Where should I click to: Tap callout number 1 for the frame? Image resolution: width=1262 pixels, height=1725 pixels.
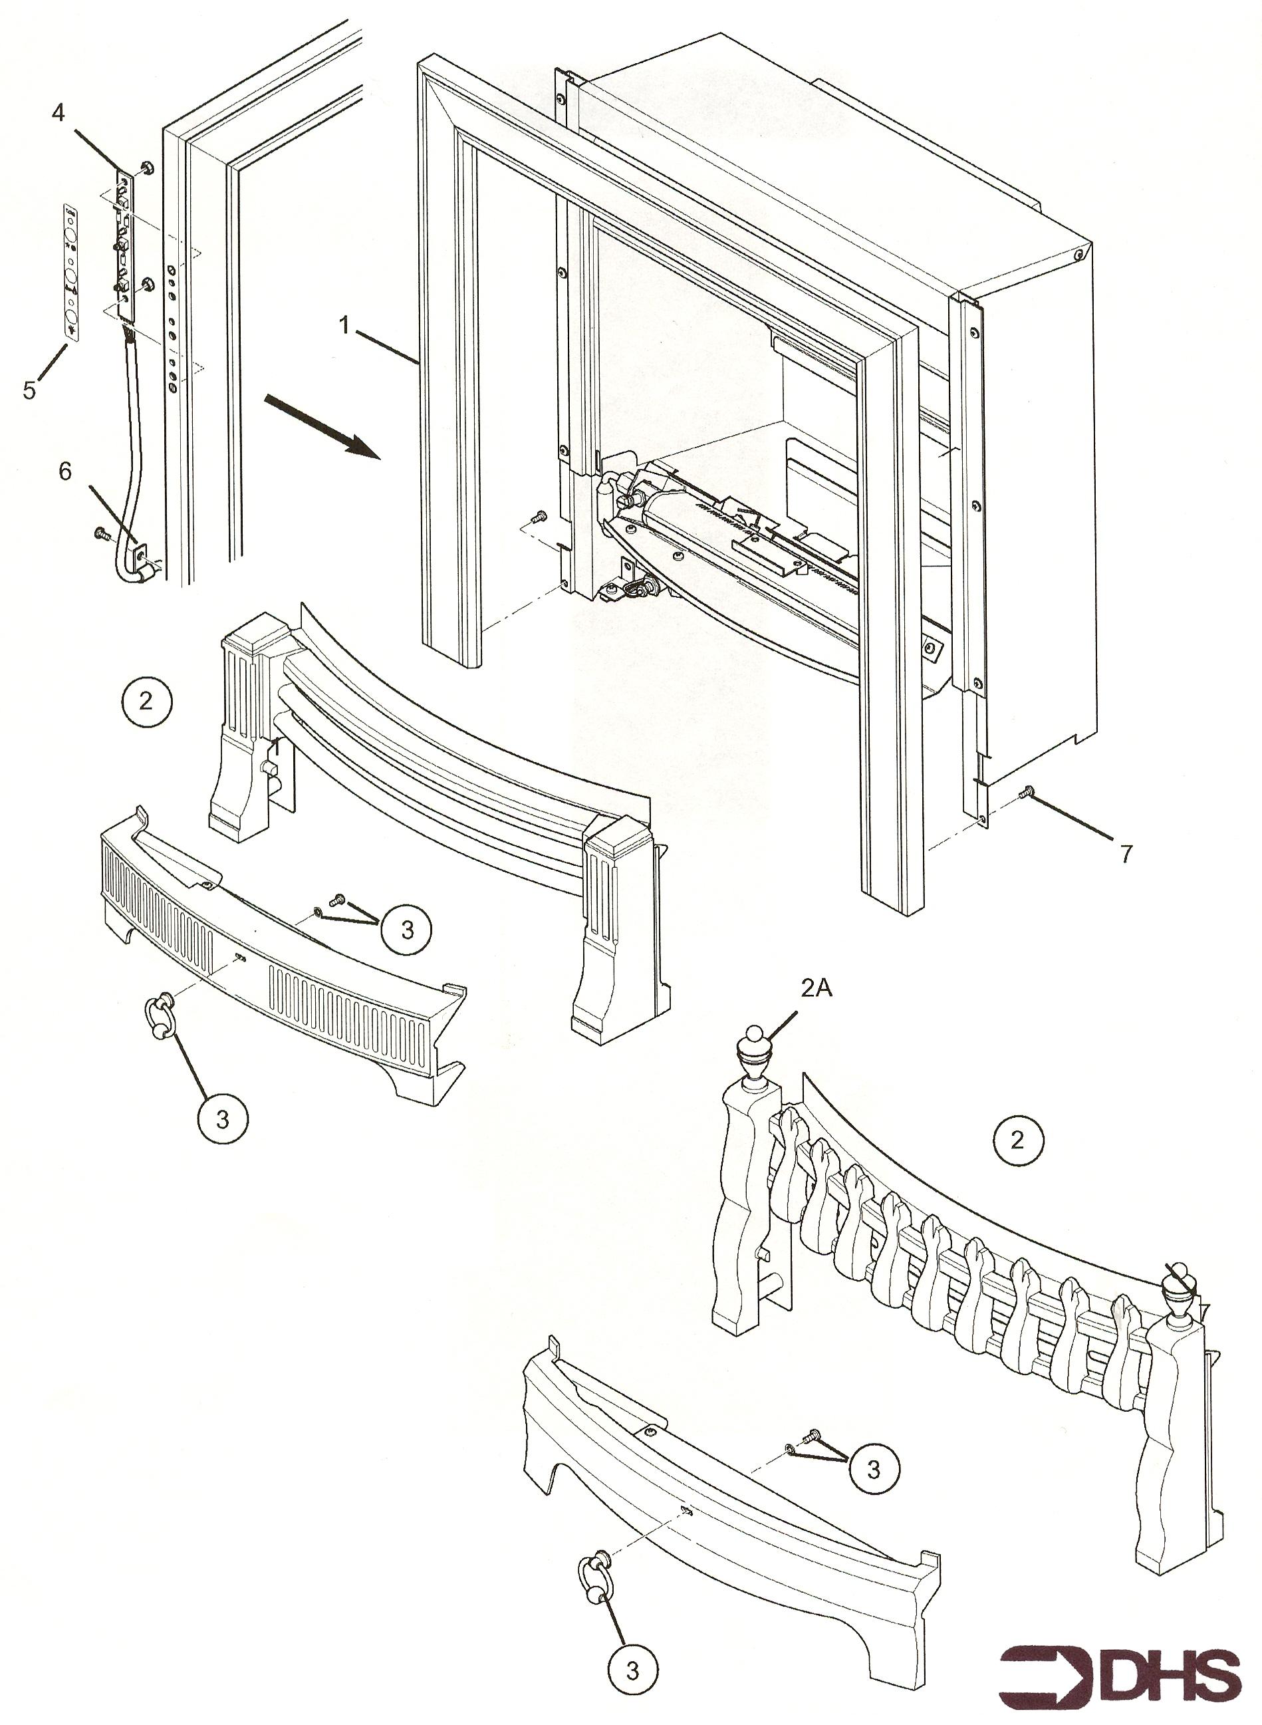(344, 327)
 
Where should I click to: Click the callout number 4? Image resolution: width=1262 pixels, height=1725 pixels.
(58, 113)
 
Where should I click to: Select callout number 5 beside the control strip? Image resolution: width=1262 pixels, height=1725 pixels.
(29, 390)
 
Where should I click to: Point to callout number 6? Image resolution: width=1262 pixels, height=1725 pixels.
(65, 471)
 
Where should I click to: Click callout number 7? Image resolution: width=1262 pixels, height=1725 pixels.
(1126, 853)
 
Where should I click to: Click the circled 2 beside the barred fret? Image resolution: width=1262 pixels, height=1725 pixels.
(145, 700)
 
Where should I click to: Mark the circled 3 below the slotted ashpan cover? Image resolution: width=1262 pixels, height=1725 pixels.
(222, 1119)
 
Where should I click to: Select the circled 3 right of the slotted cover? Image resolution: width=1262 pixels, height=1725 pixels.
(406, 929)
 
